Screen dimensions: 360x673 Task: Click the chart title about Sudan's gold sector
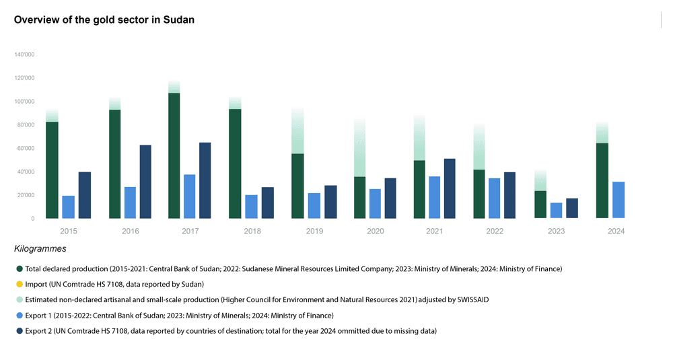(104, 20)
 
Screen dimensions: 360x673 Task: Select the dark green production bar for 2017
(174, 155)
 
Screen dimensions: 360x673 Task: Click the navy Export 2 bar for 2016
(145, 182)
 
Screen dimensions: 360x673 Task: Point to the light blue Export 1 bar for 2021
(435, 197)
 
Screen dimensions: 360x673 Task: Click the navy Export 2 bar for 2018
(267, 203)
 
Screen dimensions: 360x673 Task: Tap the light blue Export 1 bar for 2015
(69, 207)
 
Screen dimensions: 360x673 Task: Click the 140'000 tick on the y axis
(24, 55)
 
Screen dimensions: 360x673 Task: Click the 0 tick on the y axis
(32, 219)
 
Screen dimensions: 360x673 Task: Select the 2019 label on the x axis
(314, 231)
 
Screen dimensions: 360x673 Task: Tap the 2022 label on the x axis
(495, 231)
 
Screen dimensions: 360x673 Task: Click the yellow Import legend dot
(19, 285)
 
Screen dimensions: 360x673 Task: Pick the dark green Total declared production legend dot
(19, 269)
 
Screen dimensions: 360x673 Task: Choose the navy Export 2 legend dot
(19, 331)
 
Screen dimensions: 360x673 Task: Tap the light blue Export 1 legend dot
(19, 316)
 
